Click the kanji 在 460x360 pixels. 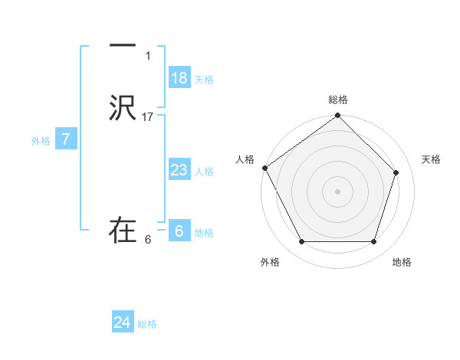click(123, 230)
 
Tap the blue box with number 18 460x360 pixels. click(179, 78)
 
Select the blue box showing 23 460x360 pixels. click(179, 170)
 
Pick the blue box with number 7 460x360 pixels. click(67, 139)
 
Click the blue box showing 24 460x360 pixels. click(123, 322)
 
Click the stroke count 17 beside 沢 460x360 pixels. click(148, 117)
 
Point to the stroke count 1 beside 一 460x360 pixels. click(148, 56)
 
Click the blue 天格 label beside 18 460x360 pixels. click(204, 80)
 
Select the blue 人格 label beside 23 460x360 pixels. click(204, 172)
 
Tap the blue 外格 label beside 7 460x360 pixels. click(41, 141)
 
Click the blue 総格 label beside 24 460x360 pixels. click(147, 324)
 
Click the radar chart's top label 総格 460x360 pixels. click(338, 100)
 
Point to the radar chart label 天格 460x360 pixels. click(432, 159)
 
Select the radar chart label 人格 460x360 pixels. click(245, 159)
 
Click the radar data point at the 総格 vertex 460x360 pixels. click(338, 117)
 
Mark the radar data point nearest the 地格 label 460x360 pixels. click(373, 242)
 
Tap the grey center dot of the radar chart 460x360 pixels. click(338, 191)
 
